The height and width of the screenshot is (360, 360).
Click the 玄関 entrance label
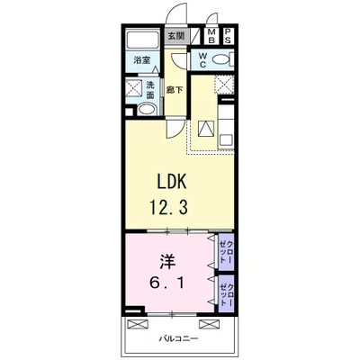(x=175, y=37)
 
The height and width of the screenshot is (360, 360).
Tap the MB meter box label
(x=211, y=36)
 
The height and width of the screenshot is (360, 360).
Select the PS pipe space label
(x=228, y=36)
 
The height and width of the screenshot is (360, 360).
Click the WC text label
(x=202, y=59)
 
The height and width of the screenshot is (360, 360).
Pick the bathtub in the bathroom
(x=142, y=39)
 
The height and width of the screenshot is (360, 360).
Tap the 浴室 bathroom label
(x=141, y=60)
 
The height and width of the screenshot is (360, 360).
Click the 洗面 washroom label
(x=150, y=89)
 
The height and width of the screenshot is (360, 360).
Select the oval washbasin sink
(x=146, y=109)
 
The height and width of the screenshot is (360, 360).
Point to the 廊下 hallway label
(x=175, y=90)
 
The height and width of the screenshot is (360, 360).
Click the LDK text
(x=172, y=182)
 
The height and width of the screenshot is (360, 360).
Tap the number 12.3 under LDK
(x=169, y=207)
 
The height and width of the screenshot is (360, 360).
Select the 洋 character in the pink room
(x=167, y=262)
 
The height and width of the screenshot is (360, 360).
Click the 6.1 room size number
(x=166, y=283)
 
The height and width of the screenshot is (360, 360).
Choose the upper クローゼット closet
(x=226, y=252)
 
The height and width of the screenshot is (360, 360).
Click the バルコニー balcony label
(x=178, y=339)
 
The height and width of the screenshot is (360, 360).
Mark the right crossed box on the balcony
(x=209, y=324)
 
